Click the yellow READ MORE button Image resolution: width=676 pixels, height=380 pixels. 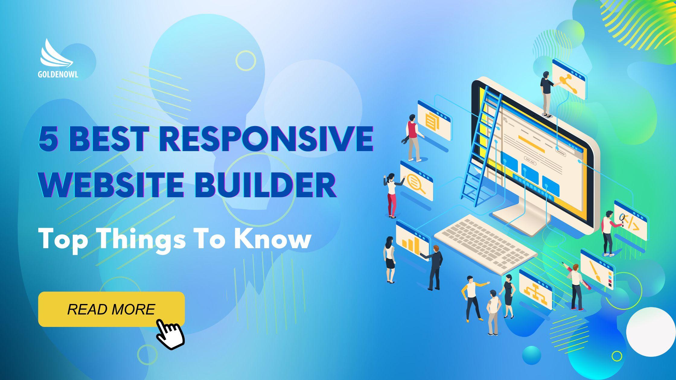click(x=111, y=309)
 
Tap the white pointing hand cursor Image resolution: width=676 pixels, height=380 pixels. click(x=170, y=334)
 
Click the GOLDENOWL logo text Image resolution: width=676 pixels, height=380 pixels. click(x=58, y=74)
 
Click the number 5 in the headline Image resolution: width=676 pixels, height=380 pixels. click(x=48, y=140)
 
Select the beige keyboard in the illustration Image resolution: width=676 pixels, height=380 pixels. click(x=485, y=244)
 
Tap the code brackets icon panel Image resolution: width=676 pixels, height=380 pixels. click(x=630, y=220)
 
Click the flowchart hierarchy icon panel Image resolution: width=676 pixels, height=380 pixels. click(x=535, y=290)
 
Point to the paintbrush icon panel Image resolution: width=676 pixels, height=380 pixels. click(x=597, y=270)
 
